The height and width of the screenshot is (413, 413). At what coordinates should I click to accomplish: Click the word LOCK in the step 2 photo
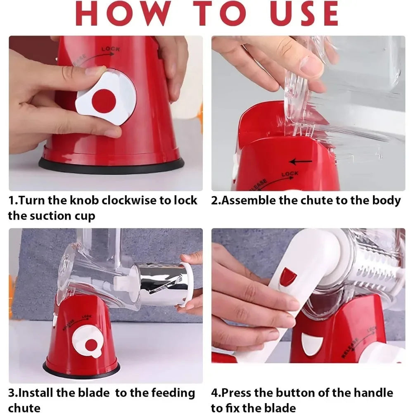click(x=290, y=174)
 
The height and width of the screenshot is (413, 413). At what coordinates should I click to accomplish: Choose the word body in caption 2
click(x=387, y=201)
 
